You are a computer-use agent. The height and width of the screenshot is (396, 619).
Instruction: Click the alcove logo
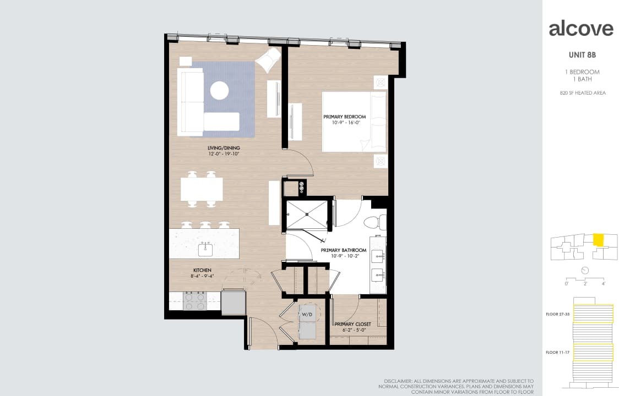[580, 29]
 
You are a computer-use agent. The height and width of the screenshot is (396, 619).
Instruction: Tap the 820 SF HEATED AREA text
[582, 93]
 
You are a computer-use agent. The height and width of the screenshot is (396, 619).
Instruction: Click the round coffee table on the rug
[220, 90]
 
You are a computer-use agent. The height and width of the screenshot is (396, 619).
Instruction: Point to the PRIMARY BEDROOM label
[344, 117]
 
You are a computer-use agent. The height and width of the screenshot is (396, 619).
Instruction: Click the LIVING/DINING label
[224, 148]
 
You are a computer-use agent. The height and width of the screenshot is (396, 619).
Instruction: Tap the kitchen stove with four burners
[194, 300]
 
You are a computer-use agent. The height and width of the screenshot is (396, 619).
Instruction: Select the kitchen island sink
[205, 249]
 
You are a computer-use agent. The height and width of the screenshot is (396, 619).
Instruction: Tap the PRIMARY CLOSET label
[352, 324]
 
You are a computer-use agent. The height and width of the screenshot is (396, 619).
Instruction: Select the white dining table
[202, 189]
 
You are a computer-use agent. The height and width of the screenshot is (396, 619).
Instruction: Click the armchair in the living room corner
[269, 59]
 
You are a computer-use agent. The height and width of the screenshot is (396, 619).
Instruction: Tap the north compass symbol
[585, 270]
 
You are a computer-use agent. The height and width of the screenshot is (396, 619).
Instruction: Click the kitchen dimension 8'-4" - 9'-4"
[202, 277]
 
